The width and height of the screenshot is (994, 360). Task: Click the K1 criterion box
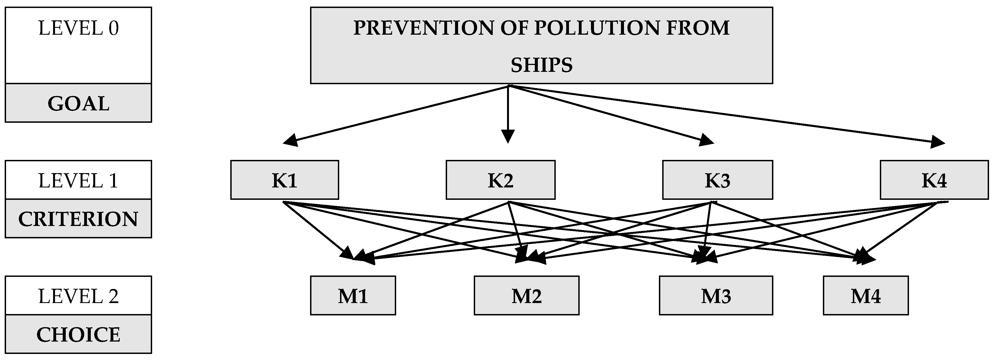click(284, 180)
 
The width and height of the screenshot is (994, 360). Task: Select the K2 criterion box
click(500, 180)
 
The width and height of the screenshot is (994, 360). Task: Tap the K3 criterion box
click(717, 180)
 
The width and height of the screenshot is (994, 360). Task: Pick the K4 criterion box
click(934, 180)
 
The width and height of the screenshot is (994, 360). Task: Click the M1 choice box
click(353, 296)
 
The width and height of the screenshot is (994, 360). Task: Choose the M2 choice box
click(526, 296)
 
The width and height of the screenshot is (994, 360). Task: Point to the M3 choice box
click(716, 296)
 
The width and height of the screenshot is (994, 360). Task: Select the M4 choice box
click(866, 296)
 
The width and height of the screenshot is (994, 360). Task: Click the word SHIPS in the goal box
click(541, 65)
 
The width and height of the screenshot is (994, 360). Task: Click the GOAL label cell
click(78, 103)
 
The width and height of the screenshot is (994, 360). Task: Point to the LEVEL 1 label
click(78, 181)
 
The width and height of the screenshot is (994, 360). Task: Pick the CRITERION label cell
click(78, 219)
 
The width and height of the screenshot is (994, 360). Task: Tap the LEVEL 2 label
click(78, 296)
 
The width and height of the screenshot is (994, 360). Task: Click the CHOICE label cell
click(78, 334)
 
